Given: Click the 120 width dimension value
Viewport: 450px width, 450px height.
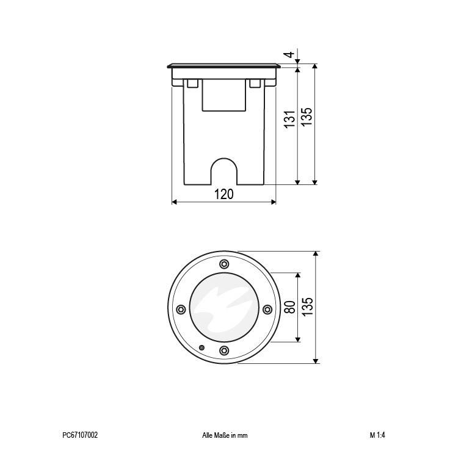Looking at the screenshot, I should (224, 194).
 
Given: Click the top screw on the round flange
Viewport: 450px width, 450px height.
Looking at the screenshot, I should (223, 264).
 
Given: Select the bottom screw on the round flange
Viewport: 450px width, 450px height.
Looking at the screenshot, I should (223, 350).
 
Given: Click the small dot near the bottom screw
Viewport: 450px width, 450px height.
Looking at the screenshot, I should (202, 347).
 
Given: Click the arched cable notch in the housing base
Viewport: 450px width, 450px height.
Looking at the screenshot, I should (224, 172).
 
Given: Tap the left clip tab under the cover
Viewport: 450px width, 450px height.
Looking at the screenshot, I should (192, 84).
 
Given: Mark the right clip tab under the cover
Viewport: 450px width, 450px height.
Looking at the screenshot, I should (256, 84).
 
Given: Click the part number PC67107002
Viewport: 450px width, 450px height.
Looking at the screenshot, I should (80, 435).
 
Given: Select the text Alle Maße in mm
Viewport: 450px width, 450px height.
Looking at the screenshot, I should (224, 435).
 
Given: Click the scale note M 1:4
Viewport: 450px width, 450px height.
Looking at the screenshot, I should (377, 435).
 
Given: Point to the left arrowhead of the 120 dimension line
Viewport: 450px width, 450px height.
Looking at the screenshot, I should (175, 202).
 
